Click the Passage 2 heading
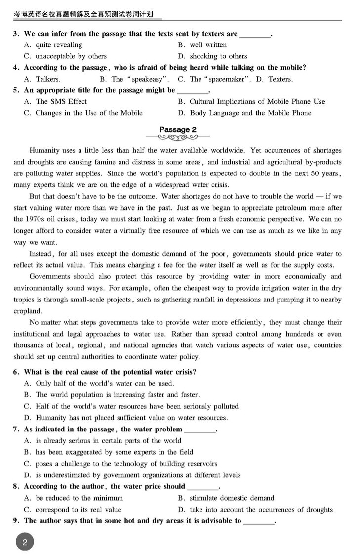coord(177,130)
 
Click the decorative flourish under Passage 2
coord(177,137)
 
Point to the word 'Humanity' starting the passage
coord(44,151)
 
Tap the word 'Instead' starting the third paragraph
coord(42,254)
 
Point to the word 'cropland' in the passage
coord(27,311)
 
